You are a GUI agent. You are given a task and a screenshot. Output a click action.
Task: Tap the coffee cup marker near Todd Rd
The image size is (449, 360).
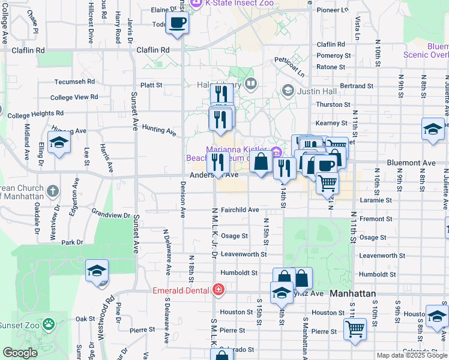click(x=176, y=23)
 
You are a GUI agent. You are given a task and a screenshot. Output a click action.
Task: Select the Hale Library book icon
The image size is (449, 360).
click(x=251, y=84)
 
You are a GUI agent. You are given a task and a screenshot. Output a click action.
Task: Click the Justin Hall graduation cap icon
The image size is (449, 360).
click(x=288, y=91)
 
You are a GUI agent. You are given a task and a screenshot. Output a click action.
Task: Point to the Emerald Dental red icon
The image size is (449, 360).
click(x=218, y=291)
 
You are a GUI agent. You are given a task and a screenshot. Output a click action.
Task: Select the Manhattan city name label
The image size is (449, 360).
click(x=353, y=293)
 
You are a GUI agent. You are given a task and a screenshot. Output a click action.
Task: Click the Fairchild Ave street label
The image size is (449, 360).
click(x=240, y=210)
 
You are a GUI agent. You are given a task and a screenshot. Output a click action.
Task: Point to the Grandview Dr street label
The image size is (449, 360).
click(x=110, y=214)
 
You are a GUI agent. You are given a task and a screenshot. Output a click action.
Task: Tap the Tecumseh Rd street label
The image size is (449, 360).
click(x=75, y=82)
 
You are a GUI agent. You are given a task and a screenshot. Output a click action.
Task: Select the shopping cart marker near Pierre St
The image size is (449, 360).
click(x=355, y=329)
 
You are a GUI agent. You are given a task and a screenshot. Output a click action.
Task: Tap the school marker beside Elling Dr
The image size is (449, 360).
click(x=59, y=143)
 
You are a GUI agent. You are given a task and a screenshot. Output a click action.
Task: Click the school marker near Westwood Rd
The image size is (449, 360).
click(x=97, y=271)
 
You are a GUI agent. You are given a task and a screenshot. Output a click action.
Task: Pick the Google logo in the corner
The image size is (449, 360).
click(x=20, y=353)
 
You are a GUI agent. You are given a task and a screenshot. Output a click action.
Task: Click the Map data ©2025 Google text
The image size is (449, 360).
click(x=411, y=355)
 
